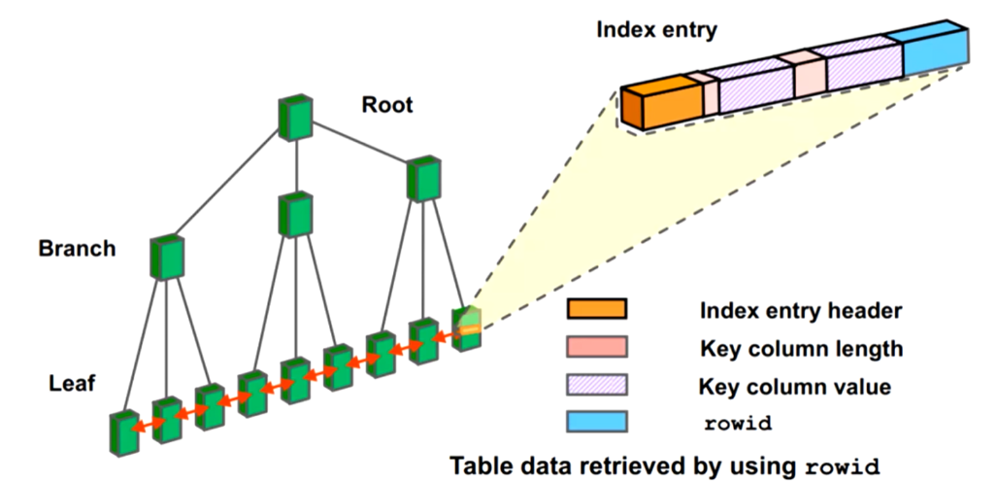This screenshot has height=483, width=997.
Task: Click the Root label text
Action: click(x=387, y=104)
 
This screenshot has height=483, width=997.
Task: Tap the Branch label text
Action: click(x=77, y=249)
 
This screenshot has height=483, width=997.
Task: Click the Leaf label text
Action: click(x=72, y=383)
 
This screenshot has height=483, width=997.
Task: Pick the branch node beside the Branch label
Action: click(x=167, y=258)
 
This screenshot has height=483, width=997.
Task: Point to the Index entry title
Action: click(x=656, y=29)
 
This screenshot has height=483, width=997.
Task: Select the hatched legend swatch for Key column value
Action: click(x=597, y=385)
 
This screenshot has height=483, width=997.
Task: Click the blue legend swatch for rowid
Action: click(x=597, y=422)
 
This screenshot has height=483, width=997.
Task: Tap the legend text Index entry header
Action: click(x=800, y=312)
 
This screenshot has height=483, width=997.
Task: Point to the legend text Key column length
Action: click(x=800, y=349)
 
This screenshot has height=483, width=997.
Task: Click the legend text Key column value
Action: click(x=794, y=386)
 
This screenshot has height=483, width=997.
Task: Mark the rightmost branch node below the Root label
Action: click(x=424, y=178)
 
